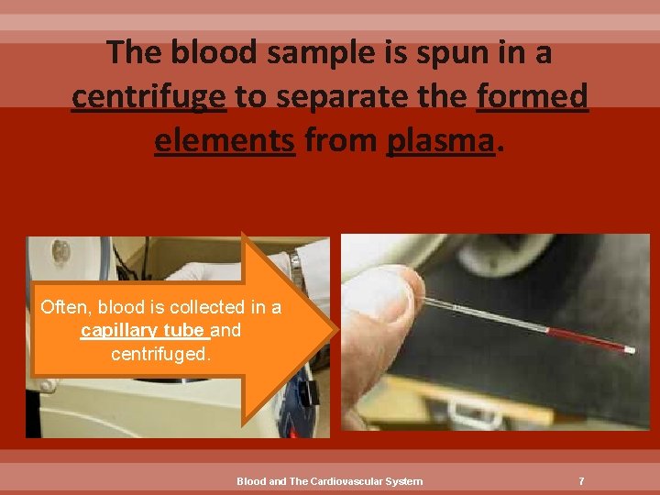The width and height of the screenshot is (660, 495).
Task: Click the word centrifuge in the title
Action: (x=148, y=97)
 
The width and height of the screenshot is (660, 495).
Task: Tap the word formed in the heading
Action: (x=533, y=97)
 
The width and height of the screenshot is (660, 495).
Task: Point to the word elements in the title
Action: (x=225, y=142)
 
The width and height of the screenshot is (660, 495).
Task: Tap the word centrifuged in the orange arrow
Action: (x=160, y=352)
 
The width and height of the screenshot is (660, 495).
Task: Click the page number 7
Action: (x=581, y=481)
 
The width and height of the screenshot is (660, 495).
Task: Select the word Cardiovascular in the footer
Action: (x=344, y=481)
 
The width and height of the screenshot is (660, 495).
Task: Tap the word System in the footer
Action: (x=404, y=481)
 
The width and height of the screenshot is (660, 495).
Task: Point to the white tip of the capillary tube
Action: (x=630, y=350)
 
